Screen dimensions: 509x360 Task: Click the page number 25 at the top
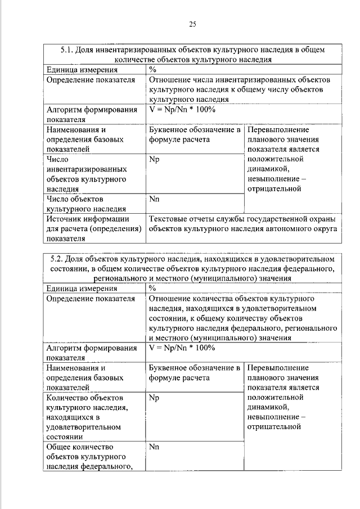point(192,24)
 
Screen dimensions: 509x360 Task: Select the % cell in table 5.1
point(152,70)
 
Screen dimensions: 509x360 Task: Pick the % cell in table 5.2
point(152,288)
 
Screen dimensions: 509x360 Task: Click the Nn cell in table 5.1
point(155,199)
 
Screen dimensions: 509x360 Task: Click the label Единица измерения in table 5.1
point(82,70)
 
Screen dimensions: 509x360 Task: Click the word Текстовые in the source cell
point(169,219)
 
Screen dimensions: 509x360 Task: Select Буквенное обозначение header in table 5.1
point(194,130)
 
